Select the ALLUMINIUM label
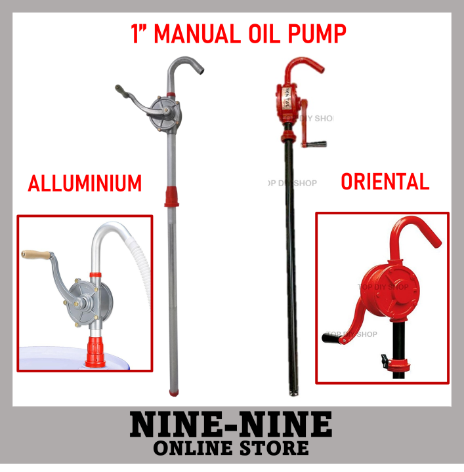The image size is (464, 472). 85,184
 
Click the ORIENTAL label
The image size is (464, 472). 385,181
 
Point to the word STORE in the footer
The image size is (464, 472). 270,448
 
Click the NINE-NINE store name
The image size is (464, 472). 231,425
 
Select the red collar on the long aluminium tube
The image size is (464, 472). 171,195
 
